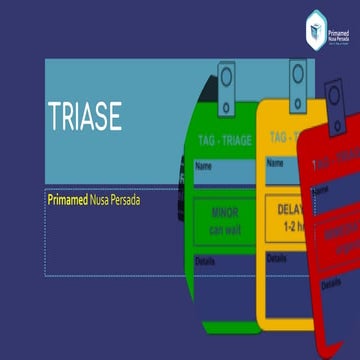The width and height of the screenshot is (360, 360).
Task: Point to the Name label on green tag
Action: coord(204,166)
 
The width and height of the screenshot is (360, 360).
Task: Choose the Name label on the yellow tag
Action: coord(275,162)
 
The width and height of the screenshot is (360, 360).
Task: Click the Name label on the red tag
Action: coord(321,190)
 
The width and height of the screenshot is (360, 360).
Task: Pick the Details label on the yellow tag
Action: coord(277,257)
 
